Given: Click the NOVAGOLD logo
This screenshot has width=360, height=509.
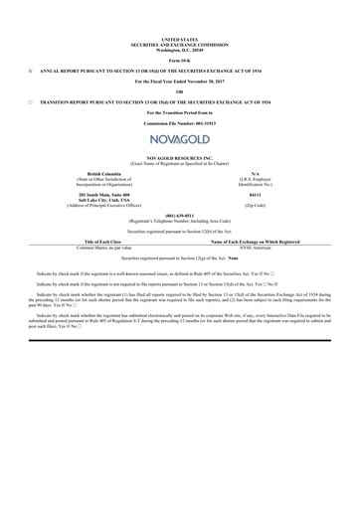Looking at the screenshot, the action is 179,140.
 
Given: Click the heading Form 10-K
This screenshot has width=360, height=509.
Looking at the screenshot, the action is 179,58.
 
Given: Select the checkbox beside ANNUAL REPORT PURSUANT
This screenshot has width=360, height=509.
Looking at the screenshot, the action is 32,70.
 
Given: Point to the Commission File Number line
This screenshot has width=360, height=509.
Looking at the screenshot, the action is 179,123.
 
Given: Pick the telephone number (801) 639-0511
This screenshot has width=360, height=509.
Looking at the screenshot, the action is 179,214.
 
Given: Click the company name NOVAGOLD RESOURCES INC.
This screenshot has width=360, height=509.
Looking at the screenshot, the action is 179,157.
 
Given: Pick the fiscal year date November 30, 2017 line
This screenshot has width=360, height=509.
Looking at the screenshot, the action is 179,81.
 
